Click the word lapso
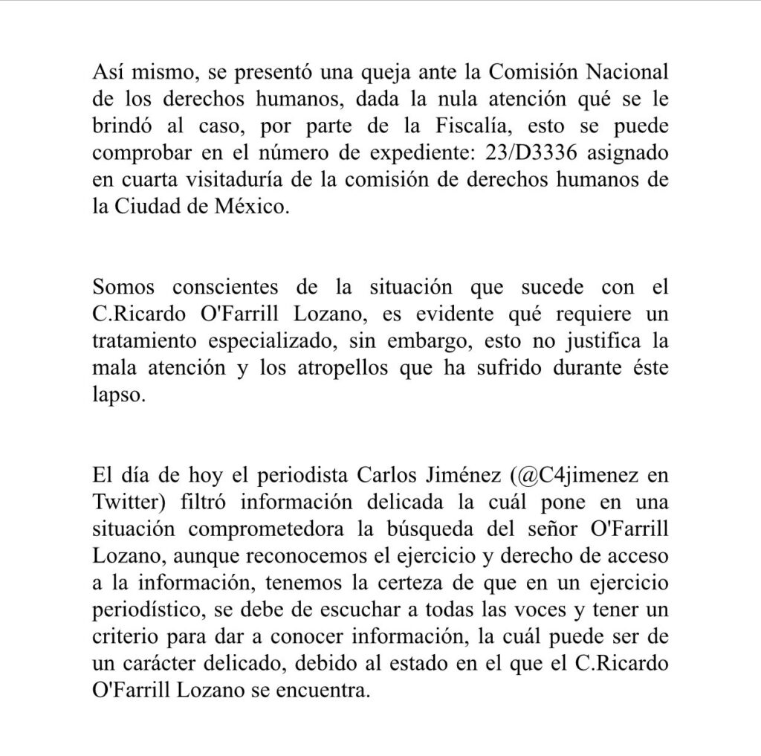pyautogui.click(x=116, y=394)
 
